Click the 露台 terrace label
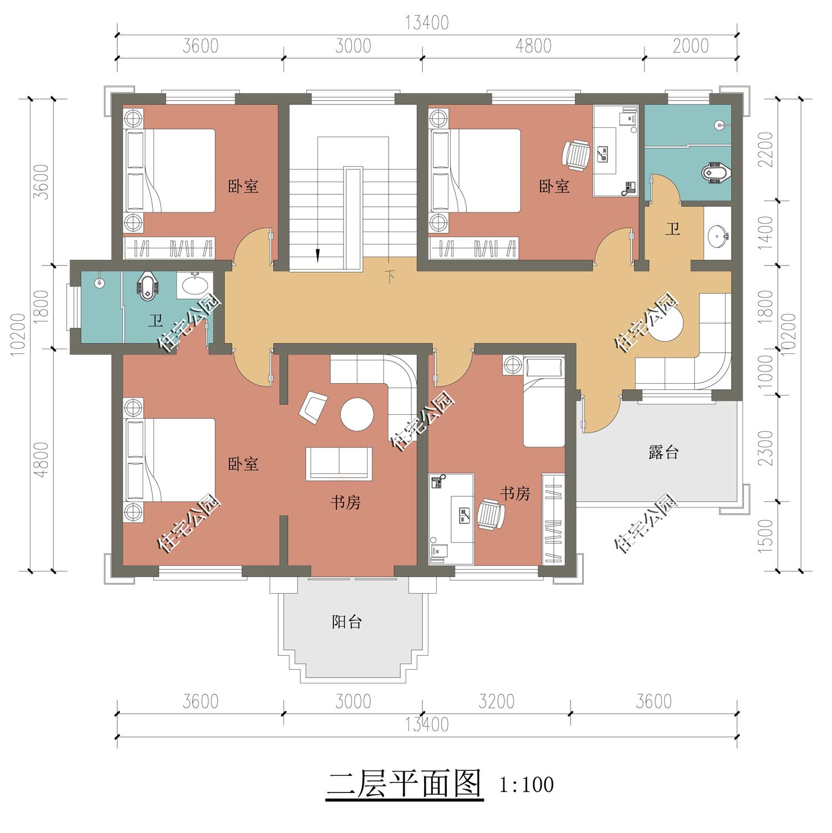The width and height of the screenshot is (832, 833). (x=663, y=453)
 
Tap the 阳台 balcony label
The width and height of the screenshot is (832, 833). (x=347, y=621)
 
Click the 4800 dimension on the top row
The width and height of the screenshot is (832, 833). (x=533, y=46)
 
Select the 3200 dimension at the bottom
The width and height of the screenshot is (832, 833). (x=496, y=701)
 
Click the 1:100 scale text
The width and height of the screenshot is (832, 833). (x=526, y=785)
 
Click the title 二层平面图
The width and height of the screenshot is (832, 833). (x=404, y=784)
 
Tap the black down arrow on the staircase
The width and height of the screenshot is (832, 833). (x=317, y=255)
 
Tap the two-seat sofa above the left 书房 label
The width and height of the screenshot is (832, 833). (x=339, y=463)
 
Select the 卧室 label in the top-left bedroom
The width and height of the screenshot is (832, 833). (x=243, y=186)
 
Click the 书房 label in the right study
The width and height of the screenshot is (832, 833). (x=515, y=493)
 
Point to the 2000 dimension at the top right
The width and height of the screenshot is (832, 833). (x=690, y=46)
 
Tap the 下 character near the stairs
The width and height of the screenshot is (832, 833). (x=390, y=276)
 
